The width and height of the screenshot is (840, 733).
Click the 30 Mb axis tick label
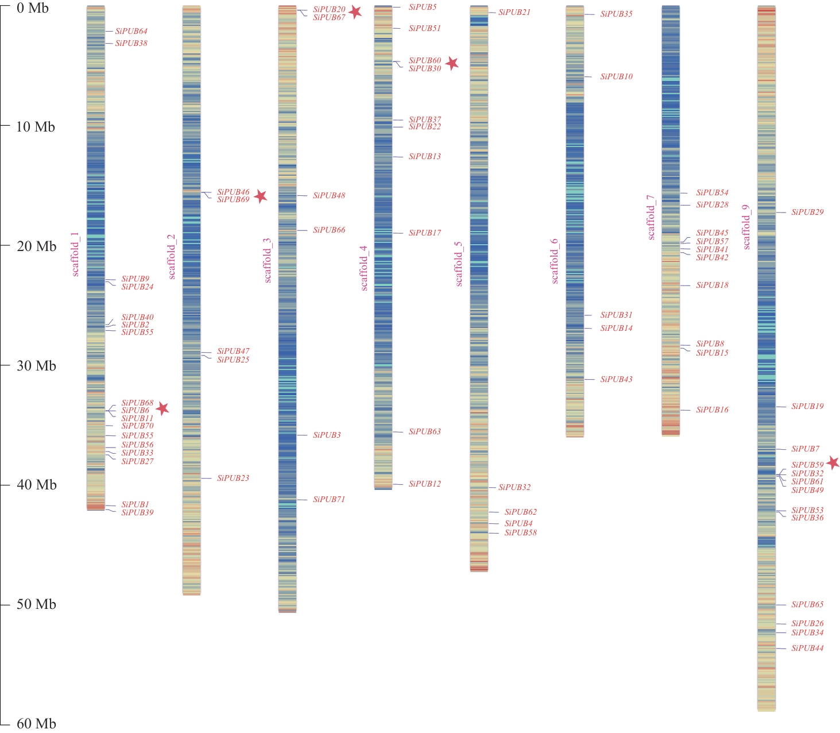tap(36, 366)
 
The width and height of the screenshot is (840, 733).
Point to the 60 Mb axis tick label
tap(36, 724)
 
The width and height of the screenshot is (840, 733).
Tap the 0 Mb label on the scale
tap(32, 8)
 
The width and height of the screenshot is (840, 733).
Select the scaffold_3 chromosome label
tap(268, 260)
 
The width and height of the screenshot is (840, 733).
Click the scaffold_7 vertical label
tap(651, 217)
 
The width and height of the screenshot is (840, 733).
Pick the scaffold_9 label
tap(746, 227)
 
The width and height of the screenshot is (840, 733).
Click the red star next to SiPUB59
tap(833, 462)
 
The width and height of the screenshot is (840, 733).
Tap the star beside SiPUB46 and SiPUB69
tap(261, 196)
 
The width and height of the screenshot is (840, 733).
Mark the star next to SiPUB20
tap(355, 11)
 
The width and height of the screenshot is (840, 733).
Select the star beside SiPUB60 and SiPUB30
tap(452, 63)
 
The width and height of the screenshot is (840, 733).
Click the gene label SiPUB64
tap(131, 32)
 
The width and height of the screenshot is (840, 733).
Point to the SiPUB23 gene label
tap(233, 478)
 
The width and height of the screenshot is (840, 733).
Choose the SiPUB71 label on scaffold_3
tap(329, 499)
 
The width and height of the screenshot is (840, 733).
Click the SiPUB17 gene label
tap(425, 233)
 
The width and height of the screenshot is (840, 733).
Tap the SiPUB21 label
tap(514, 12)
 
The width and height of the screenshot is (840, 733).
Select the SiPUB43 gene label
tap(616, 379)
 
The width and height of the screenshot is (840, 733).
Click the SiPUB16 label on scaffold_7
tap(712, 410)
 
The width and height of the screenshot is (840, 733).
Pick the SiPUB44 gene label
tap(807, 648)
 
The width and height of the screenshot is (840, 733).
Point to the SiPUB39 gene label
tap(137, 512)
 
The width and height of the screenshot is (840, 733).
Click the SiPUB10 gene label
tap(616, 76)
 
